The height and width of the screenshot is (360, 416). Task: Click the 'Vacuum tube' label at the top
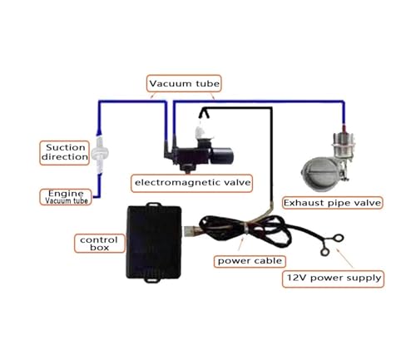(184, 83)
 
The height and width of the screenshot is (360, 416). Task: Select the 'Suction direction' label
(65, 153)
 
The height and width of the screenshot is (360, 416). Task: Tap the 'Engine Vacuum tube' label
(66, 197)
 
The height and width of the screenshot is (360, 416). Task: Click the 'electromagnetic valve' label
(192, 183)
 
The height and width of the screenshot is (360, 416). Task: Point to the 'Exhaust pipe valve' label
(332, 203)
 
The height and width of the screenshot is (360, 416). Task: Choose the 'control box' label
(99, 244)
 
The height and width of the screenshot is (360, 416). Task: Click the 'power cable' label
(250, 261)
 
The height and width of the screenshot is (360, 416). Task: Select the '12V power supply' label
(333, 279)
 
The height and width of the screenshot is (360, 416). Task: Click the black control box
(154, 242)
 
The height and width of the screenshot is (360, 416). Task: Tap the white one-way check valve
(100, 153)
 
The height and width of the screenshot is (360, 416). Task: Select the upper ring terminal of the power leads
(339, 238)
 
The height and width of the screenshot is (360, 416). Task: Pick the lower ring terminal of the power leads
(324, 252)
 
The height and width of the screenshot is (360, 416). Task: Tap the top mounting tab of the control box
(153, 205)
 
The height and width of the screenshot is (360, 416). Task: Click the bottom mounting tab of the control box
(152, 280)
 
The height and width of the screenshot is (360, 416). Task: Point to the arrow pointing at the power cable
(241, 244)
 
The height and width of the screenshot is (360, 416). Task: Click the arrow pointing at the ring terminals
(344, 258)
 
